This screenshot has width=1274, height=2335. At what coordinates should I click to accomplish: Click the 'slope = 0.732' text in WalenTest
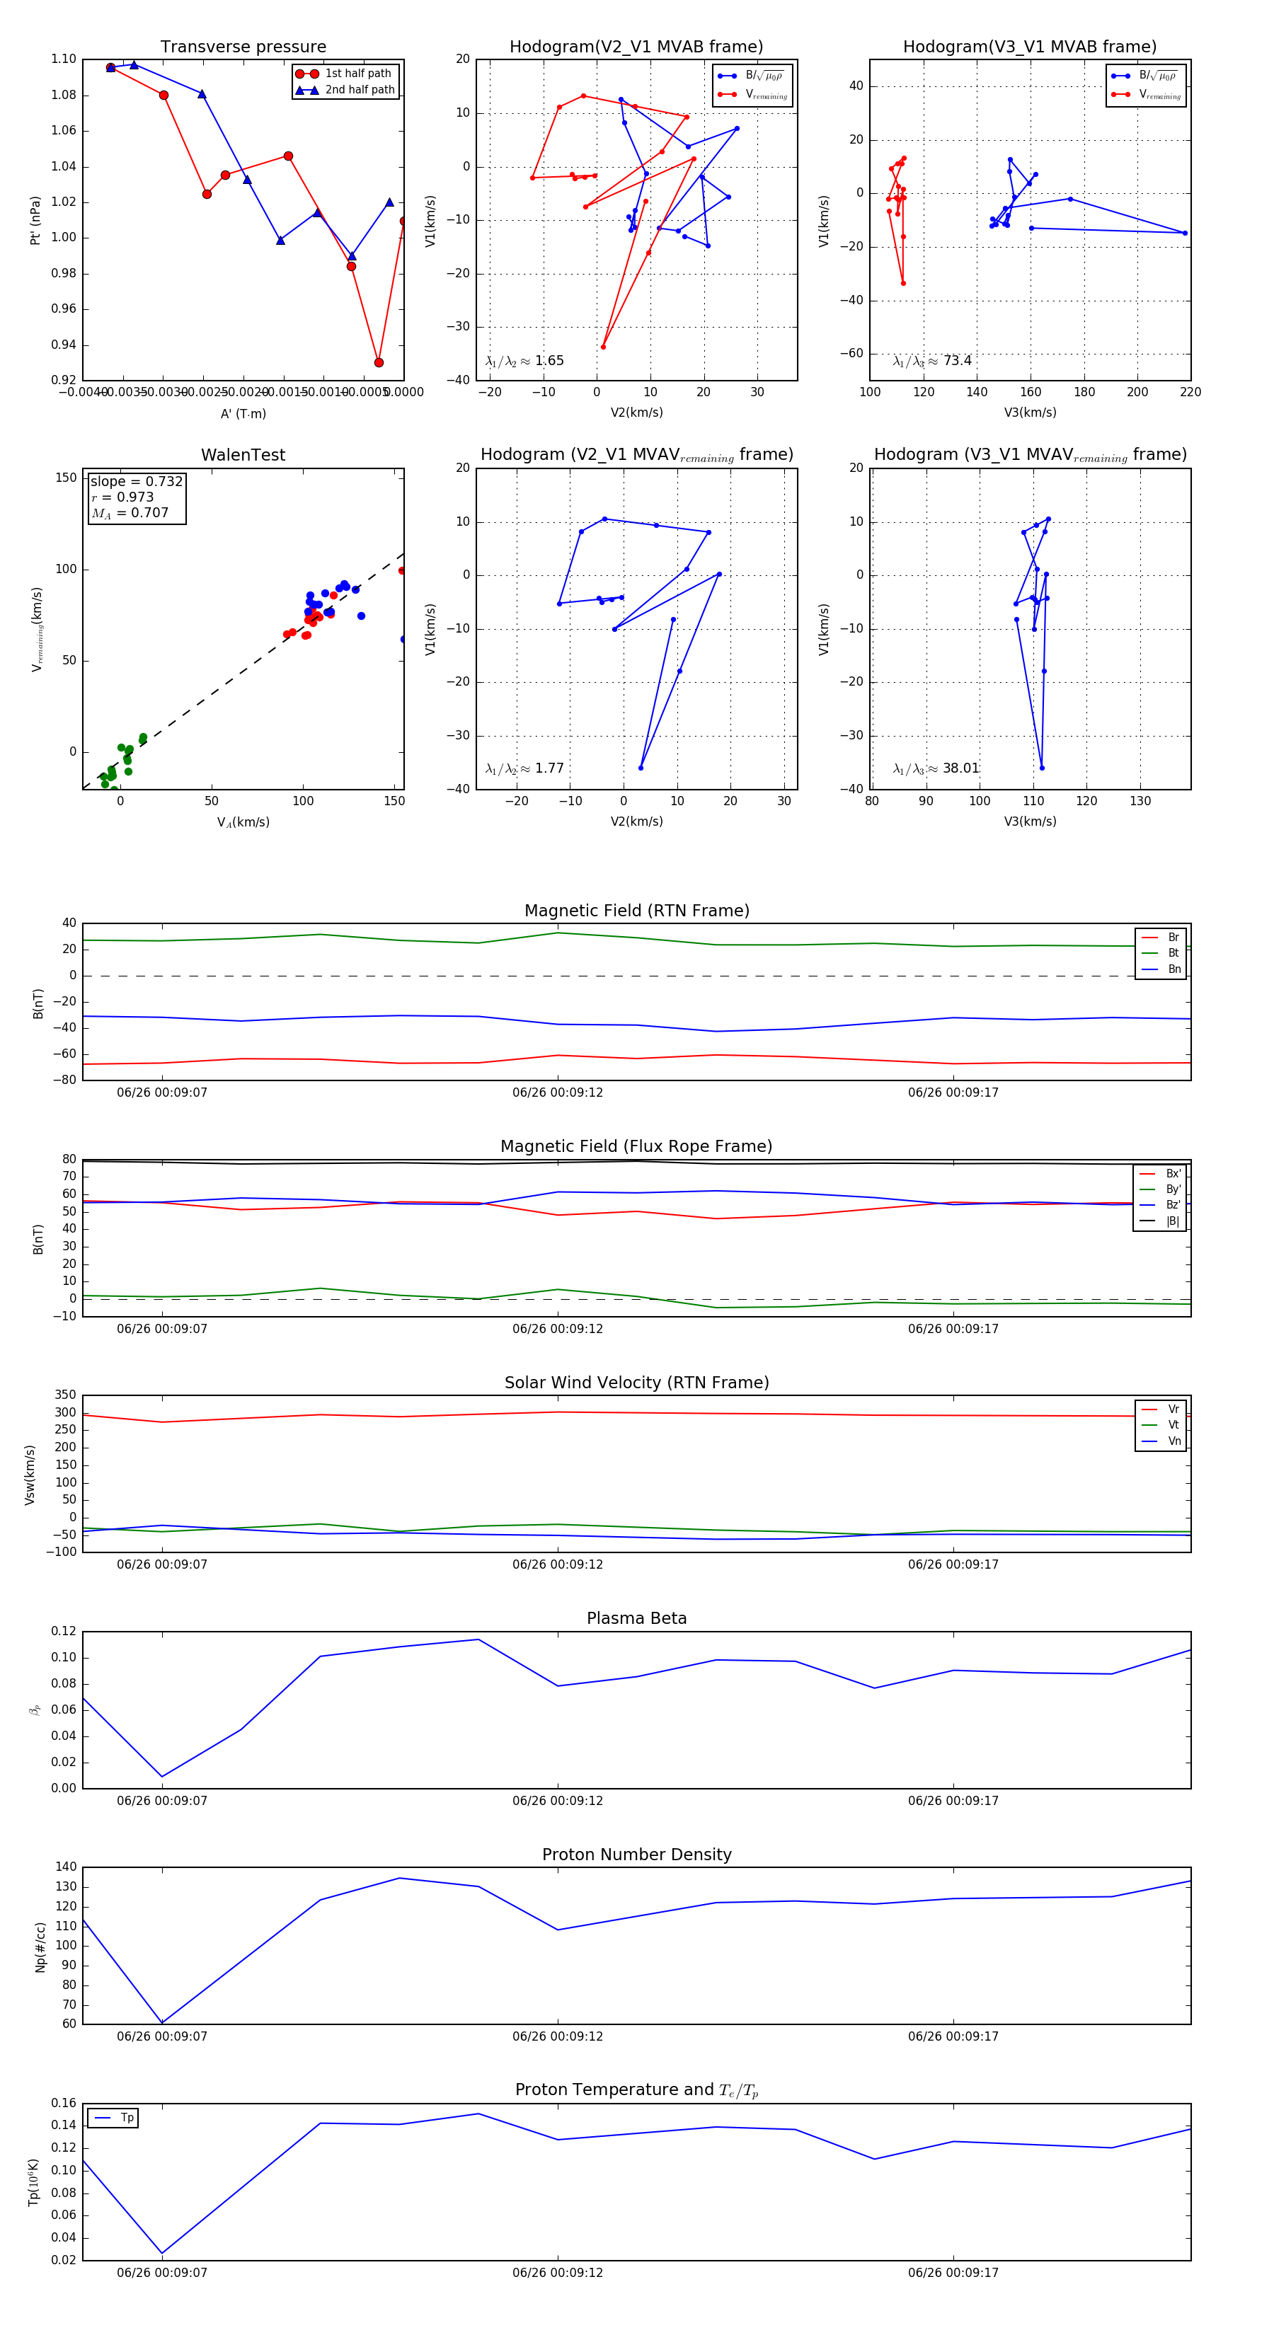click(136, 481)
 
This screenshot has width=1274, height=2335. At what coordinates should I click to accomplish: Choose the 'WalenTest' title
click(243, 455)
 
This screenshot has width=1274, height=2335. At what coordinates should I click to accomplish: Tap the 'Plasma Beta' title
click(636, 1619)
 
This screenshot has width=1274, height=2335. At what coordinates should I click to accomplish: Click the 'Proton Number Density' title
click(636, 1855)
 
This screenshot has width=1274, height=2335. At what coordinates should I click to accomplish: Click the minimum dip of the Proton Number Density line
click(162, 2022)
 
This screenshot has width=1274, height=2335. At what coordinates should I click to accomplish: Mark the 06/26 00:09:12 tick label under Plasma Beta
click(557, 1801)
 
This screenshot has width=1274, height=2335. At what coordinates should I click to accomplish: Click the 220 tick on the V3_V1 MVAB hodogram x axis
click(1190, 393)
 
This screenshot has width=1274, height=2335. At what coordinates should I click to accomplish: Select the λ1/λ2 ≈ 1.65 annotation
click(524, 361)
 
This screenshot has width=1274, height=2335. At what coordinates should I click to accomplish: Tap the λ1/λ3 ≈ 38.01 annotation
click(936, 768)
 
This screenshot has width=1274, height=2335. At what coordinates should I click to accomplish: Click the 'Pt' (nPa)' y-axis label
click(35, 220)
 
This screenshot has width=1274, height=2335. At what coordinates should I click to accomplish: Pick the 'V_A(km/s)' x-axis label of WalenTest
click(243, 822)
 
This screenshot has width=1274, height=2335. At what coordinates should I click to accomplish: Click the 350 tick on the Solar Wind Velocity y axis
click(65, 1395)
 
